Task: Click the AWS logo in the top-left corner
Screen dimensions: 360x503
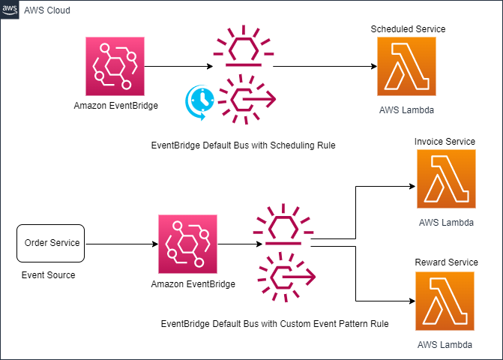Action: (x=10, y=10)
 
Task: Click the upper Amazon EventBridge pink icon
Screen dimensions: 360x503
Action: (x=115, y=66)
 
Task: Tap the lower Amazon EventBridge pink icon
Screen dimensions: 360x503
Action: (x=187, y=244)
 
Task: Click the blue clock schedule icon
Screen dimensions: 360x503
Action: (x=199, y=101)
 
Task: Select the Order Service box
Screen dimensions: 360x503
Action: (x=51, y=244)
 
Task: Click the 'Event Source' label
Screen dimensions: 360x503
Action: (x=48, y=275)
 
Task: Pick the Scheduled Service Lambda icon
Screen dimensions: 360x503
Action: (x=406, y=66)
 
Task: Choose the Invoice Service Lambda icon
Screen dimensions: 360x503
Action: (x=446, y=178)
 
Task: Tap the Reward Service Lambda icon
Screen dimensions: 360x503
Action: (x=446, y=301)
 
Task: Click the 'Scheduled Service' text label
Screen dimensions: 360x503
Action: (x=408, y=28)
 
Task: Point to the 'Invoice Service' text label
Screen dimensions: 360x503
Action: (x=446, y=141)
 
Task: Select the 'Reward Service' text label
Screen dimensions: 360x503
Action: (x=446, y=262)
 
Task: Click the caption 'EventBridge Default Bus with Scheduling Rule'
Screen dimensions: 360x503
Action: (x=242, y=145)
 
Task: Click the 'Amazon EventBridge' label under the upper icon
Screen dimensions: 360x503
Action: (x=115, y=106)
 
